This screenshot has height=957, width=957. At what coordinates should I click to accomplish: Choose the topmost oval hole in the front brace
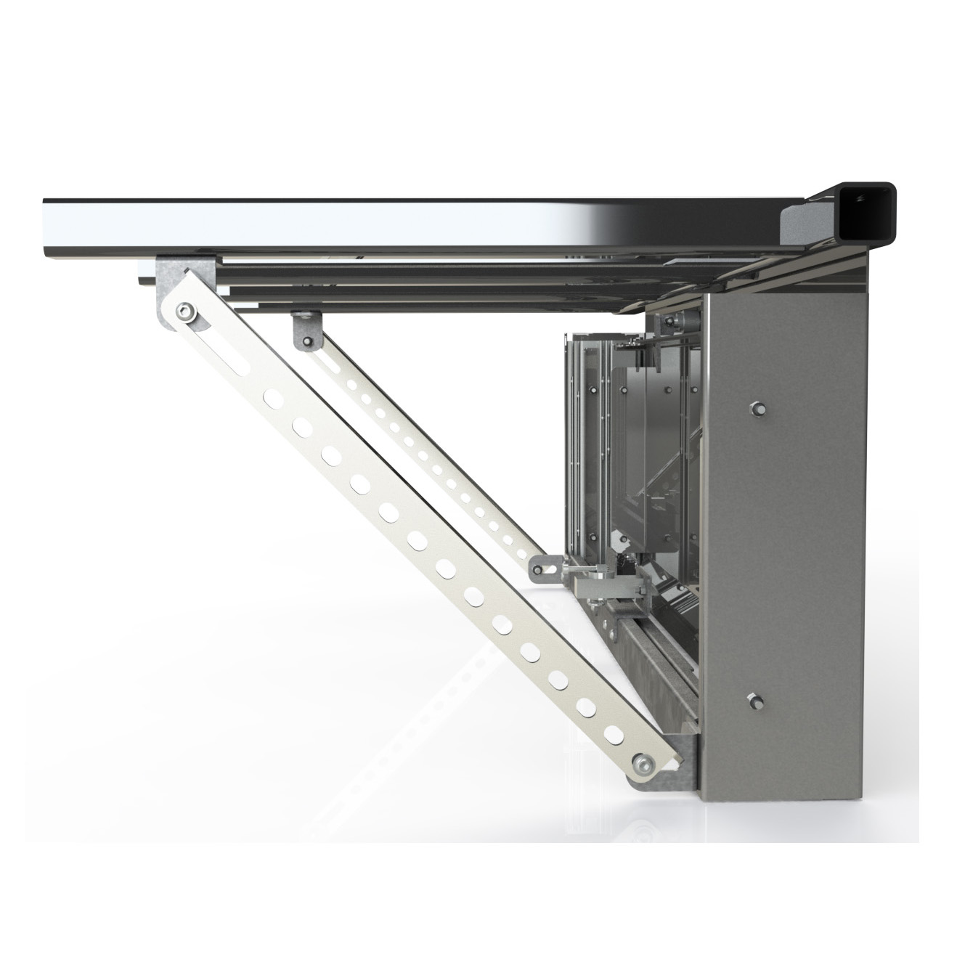(273, 398)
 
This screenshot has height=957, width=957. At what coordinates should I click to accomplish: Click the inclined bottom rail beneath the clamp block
(646, 653)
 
